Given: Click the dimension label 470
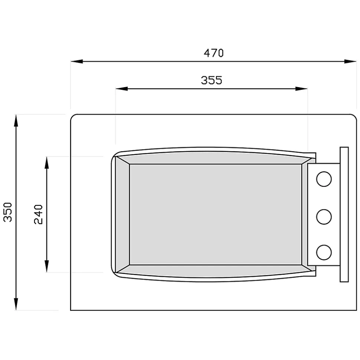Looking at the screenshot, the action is click(x=213, y=53).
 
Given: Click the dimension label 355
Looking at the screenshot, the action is click(x=212, y=80).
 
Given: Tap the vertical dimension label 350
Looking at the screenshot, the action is click(x=7, y=212).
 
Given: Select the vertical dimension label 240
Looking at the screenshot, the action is click(x=38, y=214).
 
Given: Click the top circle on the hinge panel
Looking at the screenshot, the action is click(x=324, y=179).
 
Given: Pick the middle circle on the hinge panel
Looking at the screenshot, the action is click(x=324, y=217).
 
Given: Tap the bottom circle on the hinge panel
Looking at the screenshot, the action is click(x=324, y=252).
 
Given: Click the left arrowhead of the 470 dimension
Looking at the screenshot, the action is click(x=77, y=61).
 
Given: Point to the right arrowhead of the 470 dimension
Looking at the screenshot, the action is click(x=350, y=61).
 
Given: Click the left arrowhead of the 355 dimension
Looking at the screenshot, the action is click(x=122, y=89).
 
